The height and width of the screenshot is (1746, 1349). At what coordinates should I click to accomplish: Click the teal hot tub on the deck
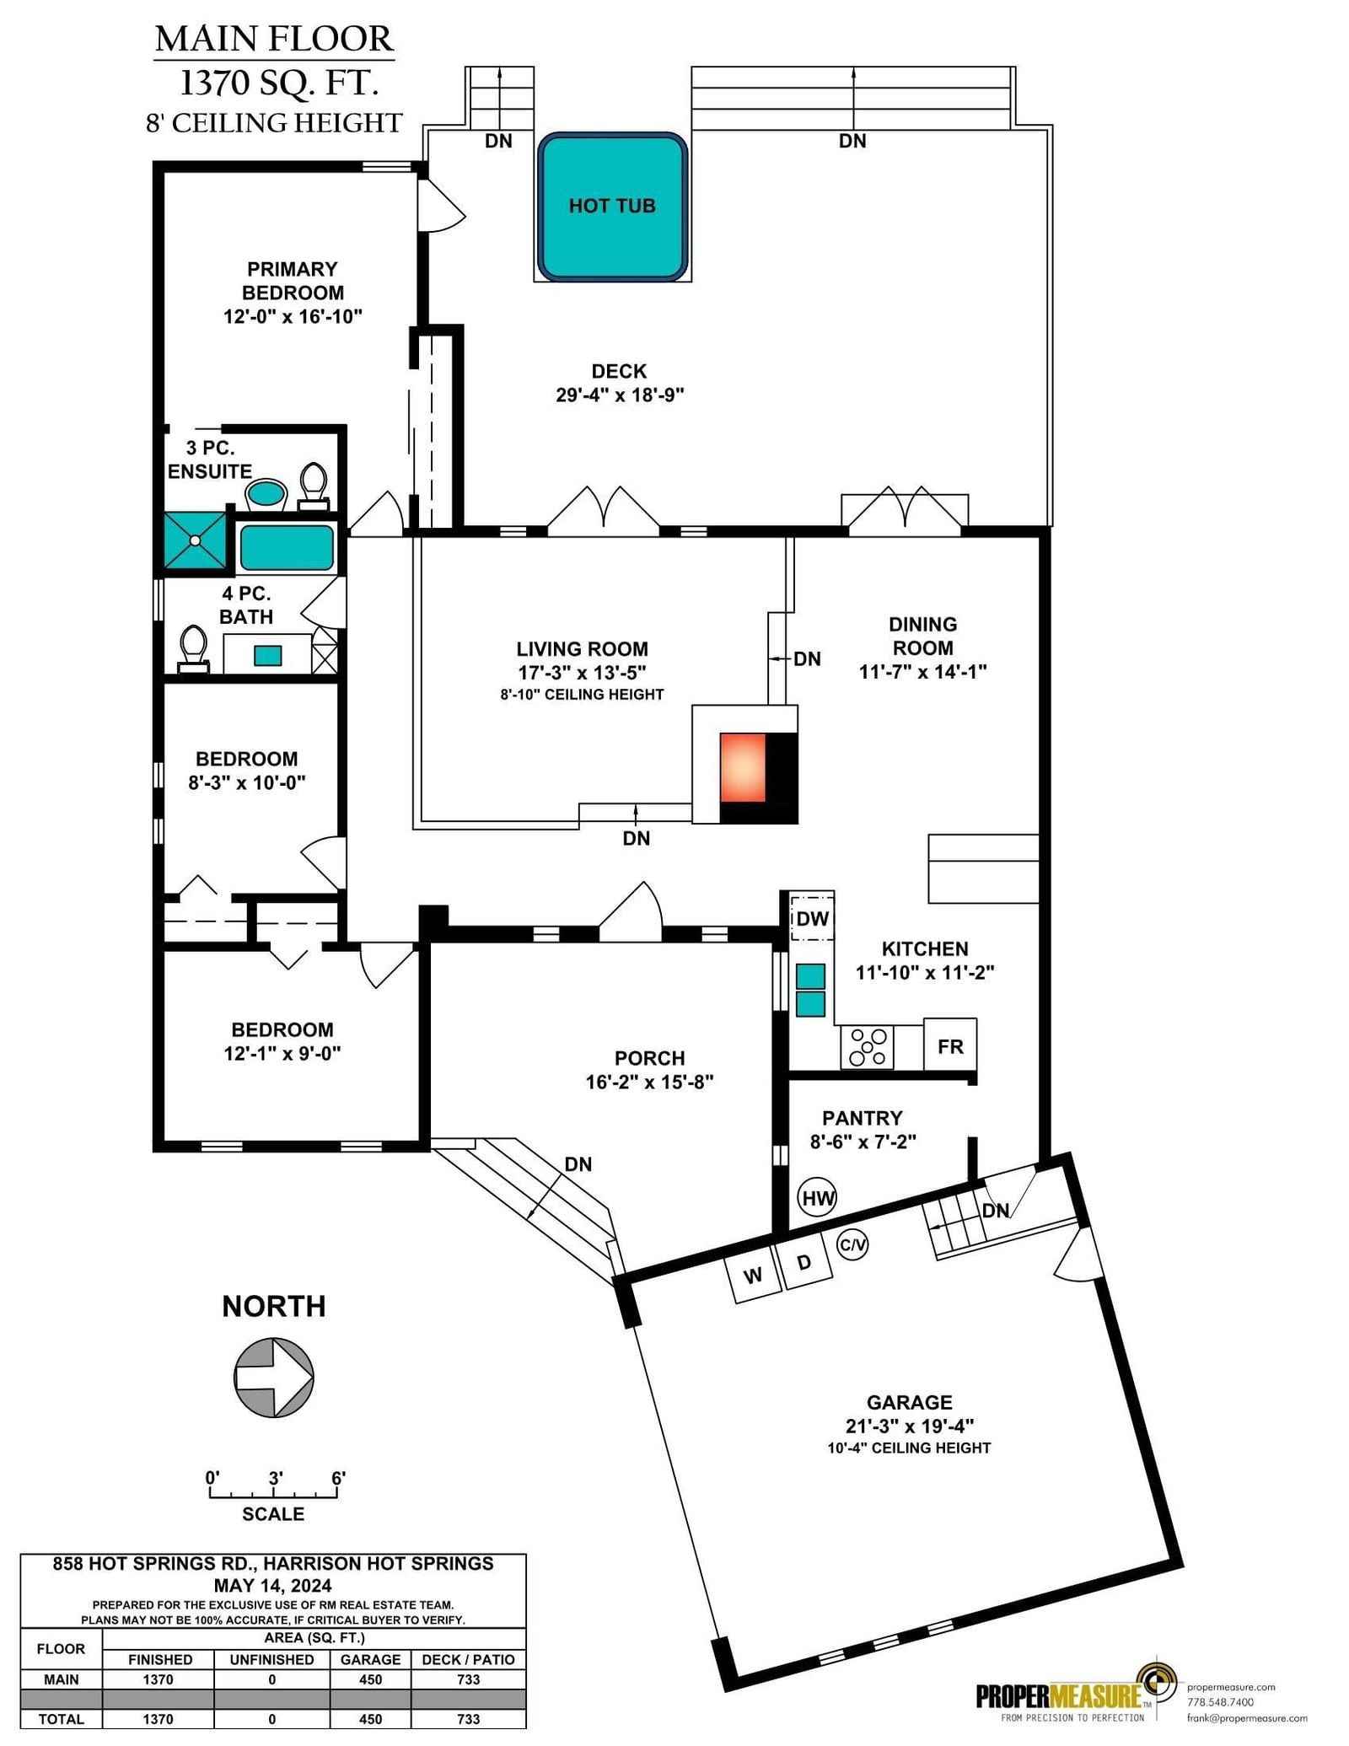click(x=612, y=207)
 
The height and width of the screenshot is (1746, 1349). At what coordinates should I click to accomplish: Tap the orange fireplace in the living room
click(x=743, y=767)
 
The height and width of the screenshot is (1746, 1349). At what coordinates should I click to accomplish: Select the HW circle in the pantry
click(x=817, y=1197)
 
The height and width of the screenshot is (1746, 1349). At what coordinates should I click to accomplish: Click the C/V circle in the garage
click(x=852, y=1244)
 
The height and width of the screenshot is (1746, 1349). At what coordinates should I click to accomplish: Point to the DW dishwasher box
click(x=812, y=918)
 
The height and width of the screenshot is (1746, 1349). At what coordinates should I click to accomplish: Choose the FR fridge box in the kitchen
click(x=950, y=1045)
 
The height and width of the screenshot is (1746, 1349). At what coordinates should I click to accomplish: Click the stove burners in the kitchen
click(x=868, y=1047)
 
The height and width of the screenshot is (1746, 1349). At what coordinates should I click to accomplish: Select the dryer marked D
click(x=804, y=1262)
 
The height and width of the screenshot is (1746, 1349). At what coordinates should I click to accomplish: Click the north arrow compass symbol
click(x=274, y=1378)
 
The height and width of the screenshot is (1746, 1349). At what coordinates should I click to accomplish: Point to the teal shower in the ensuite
click(x=195, y=539)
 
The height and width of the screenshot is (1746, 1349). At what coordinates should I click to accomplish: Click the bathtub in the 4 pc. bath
click(x=287, y=548)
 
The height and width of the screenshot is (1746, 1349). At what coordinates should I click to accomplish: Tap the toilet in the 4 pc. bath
click(x=194, y=649)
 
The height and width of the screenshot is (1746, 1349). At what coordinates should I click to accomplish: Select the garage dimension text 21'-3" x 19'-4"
click(x=909, y=1426)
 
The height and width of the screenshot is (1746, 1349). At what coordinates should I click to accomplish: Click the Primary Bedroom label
click(x=293, y=281)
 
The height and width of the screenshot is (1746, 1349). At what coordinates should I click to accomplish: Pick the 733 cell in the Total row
click(x=468, y=1719)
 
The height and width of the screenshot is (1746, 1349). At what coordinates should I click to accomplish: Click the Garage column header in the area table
click(x=370, y=1659)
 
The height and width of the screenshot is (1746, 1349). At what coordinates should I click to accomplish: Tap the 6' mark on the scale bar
click(x=338, y=1478)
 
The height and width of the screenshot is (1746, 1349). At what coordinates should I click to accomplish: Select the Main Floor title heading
click(x=274, y=40)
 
